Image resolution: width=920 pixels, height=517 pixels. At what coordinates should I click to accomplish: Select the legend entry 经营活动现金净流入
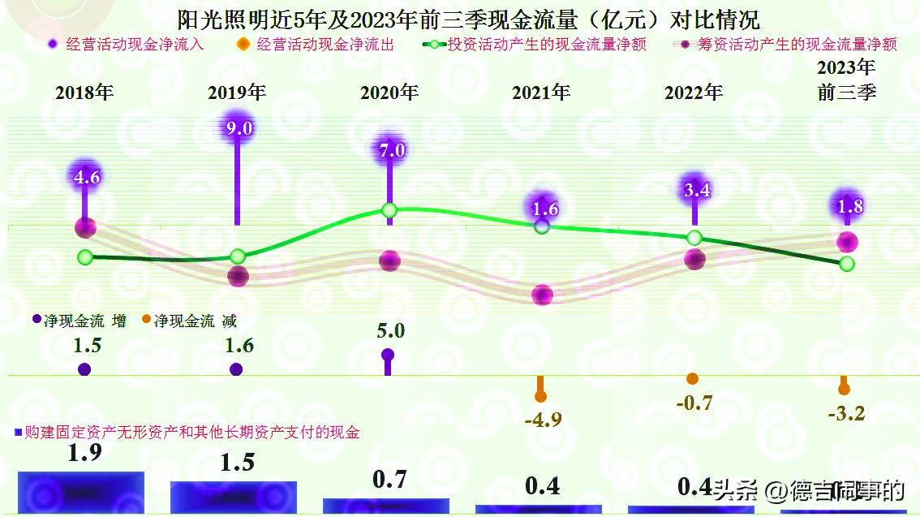pyautogui.click(x=126, y=45)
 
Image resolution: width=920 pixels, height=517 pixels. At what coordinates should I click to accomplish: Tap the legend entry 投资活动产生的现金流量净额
pyautogui.click(x=535, y=45)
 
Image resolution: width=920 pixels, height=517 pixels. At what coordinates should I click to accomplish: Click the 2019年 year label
pyautogui.click(x=237, y=93)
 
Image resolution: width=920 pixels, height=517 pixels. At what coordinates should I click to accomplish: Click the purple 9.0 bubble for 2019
pyautogui.click(x=237, y=127)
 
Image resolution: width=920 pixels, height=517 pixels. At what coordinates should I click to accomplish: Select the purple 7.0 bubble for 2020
pyautogui.click(x=389, y=149)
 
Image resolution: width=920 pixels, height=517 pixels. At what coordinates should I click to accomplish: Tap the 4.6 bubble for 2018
pyautogui.click(x=86, y=176)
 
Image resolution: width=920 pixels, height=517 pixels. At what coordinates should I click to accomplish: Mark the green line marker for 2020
pyautogui.click(x=389, y=211)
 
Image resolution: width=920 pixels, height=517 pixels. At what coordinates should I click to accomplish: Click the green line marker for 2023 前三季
pyautogui.click(x=847, y=264)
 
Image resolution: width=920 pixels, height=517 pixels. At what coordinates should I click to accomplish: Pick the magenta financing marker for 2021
pyautogui.click(x=542, y=295)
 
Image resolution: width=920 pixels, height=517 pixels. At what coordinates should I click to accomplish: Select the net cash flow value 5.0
pyautogui.click(x=389, y=330)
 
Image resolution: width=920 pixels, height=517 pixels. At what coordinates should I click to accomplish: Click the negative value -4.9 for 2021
pyautogui.click(x=543, y=420)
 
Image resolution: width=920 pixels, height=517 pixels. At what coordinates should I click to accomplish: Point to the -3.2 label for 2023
pyautogui.click(x=846, y=413)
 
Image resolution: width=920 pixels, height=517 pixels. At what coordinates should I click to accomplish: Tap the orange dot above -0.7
pyautogui.click(x=692, y=378)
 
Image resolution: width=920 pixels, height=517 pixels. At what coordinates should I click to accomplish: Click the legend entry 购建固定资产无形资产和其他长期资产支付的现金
pyautogui.click(x=187, y=433)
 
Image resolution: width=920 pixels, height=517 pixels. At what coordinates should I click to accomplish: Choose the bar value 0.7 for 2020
pyautogui.click(x=389, y=480)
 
